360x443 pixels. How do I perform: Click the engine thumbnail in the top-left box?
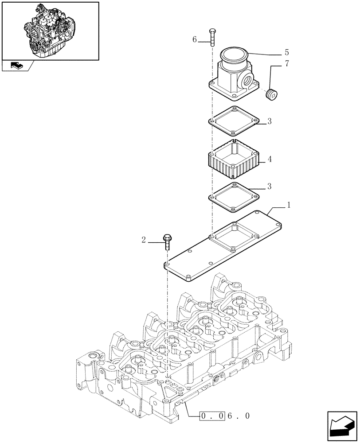(x=50, y=30)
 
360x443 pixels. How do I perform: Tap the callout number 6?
(x=195, y=40)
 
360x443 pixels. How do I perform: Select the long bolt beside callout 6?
(x=212, y=37)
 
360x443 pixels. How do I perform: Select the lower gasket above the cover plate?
(x=234, y=194)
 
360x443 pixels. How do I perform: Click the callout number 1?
(x=289, y=205)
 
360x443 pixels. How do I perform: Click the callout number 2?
(x=144, y=240)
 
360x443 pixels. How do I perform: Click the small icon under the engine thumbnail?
(x=16, y=66)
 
